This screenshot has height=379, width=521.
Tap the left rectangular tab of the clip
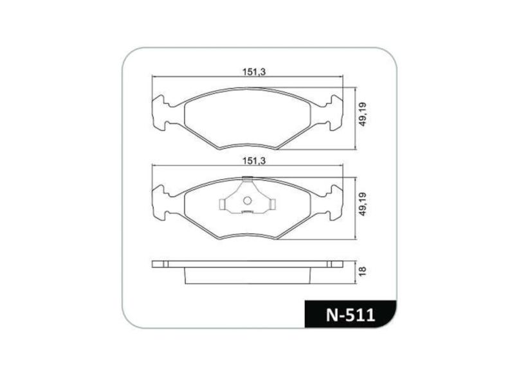pos(223,205)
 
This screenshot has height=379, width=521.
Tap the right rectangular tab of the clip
pos(272,205)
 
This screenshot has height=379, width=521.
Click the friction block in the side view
pos(247,275)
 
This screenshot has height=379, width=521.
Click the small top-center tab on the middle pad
pos(247,178)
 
